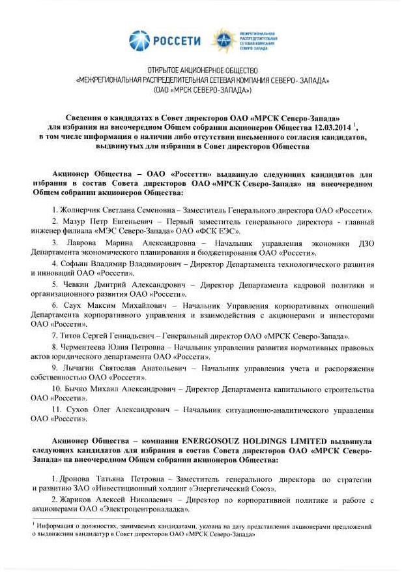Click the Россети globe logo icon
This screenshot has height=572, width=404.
pos(139,40)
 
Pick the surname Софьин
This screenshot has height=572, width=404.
pos(77,264)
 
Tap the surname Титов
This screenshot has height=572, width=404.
pos(72,336)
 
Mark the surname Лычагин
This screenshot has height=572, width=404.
pos(79,368)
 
